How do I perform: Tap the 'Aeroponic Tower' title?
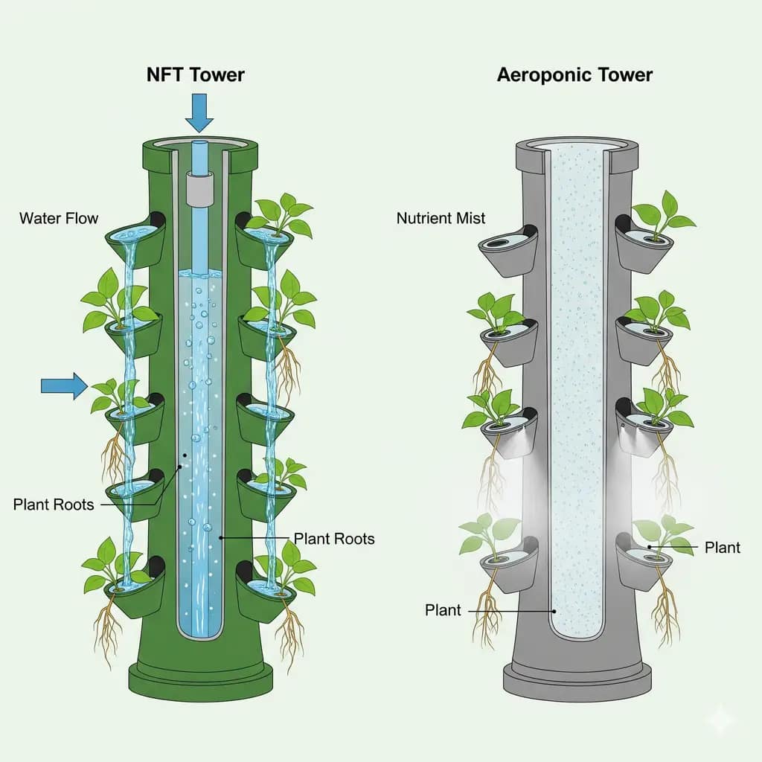(574, 74)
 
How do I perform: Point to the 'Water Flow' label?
(59, 218)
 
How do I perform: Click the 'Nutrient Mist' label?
(441, 218)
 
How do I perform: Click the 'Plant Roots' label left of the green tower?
(54, 505)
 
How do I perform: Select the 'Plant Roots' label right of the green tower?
(334, 538)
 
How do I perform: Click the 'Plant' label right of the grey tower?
(722, 548)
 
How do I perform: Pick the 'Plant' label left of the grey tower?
(443, 610)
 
